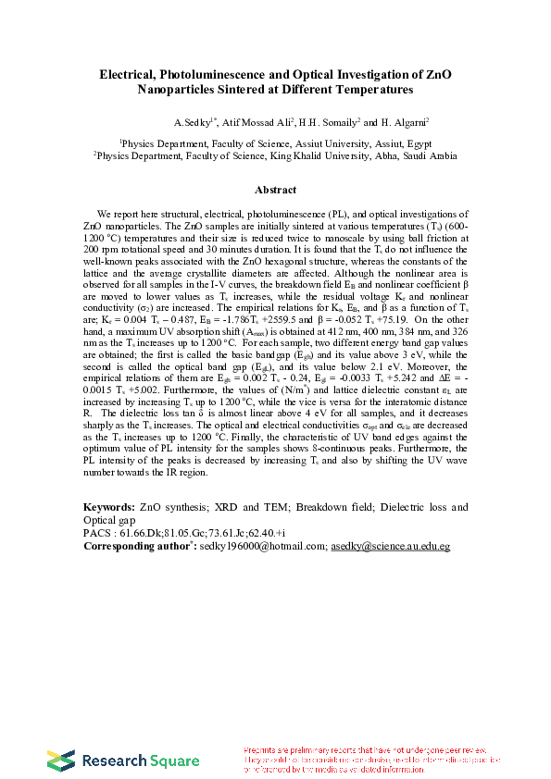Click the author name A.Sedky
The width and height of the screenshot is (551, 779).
(x=192, y=122)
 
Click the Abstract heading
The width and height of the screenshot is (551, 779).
(x=275, y=191)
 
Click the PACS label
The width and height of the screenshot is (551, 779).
(x=96, y=534)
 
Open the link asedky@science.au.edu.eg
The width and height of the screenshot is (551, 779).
(x=390, y=547)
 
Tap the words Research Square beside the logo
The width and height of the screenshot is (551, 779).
(x=142, y=761)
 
